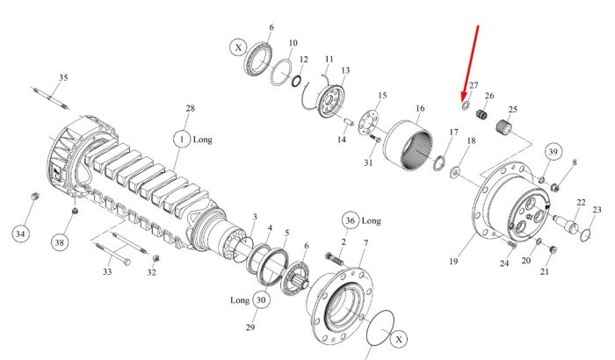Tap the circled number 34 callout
pos(20,234)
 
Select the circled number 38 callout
pos(59,242)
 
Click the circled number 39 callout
pos(553,152)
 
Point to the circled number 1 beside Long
pos(182,140)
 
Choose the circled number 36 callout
pos(350,220)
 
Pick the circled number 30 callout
pos(261,300)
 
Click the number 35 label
pos(63,77)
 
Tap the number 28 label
pos(191,108)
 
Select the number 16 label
pos(420,108)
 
